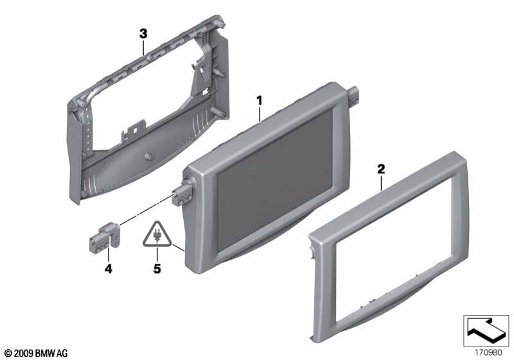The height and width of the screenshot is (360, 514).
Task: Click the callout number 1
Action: (x=260, y=101)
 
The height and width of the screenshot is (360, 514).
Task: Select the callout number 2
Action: (x=381, y=169)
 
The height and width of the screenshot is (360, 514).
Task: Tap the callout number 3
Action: (x=143, y=34)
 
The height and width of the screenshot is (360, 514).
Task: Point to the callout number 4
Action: (x=108, y=269)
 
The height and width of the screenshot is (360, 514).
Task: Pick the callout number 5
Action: (x=157, y=269)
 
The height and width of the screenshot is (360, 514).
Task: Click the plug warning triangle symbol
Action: (x=157, y=235)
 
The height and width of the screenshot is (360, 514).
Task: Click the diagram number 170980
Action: (x=488, y=353)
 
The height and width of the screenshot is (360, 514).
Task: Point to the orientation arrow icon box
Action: (x=486, y=330)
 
